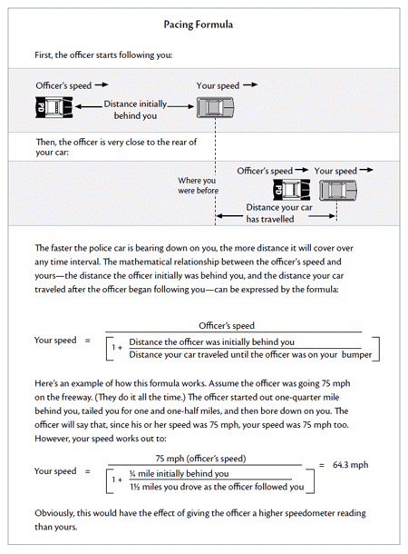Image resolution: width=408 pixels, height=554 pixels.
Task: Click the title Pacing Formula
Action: (x=199, y=25)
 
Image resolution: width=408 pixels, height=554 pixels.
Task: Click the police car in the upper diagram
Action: (x=54, y=107)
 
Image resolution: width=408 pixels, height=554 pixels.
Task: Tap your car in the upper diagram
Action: (x=215, y=107)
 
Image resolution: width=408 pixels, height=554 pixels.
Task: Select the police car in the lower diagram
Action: (x=292, y=190)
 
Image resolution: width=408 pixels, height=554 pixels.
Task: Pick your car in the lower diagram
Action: (x=338, y=190)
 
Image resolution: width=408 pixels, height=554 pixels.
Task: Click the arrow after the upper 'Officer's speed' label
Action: (x=102, y=84)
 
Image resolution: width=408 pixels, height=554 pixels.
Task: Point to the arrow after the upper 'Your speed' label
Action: (x=250, y=84)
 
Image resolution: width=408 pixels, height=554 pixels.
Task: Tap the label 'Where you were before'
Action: (x=199, y=185)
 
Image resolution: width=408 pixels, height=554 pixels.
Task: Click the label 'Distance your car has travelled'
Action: (x=279, y=213)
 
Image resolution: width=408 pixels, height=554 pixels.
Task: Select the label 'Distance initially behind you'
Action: (x=135, y=110)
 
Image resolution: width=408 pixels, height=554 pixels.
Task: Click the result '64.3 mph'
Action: (x=350, y=465)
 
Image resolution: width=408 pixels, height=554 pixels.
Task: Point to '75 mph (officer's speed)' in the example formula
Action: (x=200, y=459)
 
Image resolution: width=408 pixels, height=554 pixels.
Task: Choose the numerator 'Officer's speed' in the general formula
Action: (x=227, y=325)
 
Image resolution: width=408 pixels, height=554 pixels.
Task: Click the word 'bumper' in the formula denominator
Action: (x=356, y=355)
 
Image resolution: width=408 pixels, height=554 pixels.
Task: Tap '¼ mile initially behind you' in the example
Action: (x=179, y=473)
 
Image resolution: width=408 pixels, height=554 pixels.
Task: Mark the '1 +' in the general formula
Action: (x=117, y=348)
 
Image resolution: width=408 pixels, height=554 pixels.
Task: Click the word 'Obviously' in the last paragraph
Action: (x=54, y=513)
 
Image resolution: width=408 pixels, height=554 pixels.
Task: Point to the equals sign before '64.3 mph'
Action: (x=322, y=465)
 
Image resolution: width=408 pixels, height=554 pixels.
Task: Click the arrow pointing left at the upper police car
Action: (x=89, y=106)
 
